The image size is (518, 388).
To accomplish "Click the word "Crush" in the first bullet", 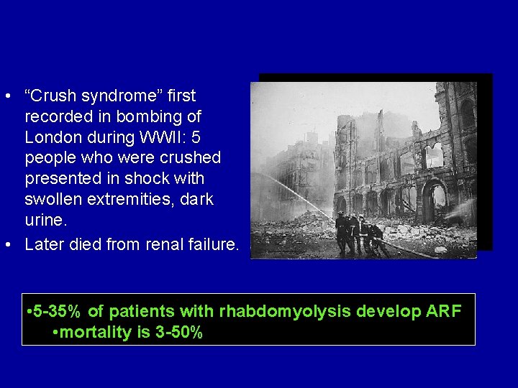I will point(52,96).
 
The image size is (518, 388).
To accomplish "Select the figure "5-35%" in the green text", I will point(56,311).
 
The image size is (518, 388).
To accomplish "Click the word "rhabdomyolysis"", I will point(265,311).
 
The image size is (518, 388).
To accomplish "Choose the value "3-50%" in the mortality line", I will point(179,333).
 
